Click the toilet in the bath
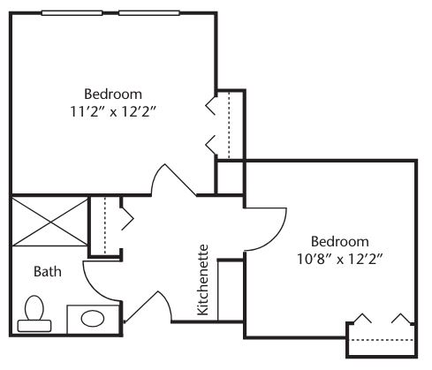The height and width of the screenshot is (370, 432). pyautogui.click(x=34, y=313)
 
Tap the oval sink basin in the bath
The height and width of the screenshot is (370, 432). pyautogui.click(x=93, y=319)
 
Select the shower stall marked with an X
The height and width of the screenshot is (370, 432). pyautogui.click(x=50, y=222)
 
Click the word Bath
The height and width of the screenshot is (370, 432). pyautogui.click(x=48, y=271)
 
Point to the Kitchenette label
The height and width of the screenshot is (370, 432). pyautogui.click(x=203, y=280)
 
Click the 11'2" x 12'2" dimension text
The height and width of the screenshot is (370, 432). pyautogui.click(x=112, y=112)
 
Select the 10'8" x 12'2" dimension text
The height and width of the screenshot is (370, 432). pyautogui.click(x=339, y=260)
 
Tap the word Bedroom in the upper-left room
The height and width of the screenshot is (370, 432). pyautogui.click(x=113, y=94)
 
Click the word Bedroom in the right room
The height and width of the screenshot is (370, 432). pyautogui.click(x=340, y=242)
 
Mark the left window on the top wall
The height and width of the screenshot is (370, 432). pyautogui.click(x=72, y=13)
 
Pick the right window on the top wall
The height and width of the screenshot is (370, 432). pyautogui.click(x=149, y=13)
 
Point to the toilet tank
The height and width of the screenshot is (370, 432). pyautogui.click(x=34, y=326)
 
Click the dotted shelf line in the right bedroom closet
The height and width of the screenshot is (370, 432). pyautogui.click(x=381, y=340)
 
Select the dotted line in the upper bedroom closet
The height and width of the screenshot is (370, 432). pyautogui.click(x=229, y=125)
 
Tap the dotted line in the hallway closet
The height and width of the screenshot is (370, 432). pyautogui.click(x=105, y=225)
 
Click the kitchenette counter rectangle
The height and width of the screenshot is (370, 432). pyautogui.click(x=231, y=291)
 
